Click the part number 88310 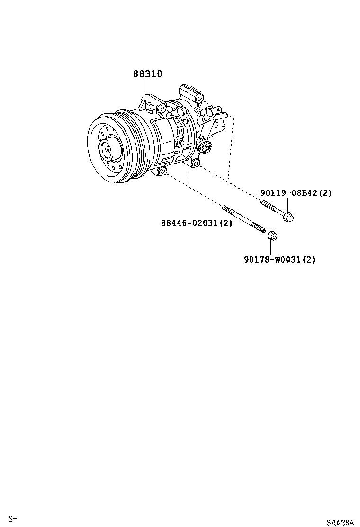(147, 74)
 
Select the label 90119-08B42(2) (296, 193)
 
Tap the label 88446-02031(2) (196, 223)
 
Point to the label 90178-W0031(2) (279, 259)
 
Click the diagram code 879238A (340, 522)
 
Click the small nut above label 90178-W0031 (271, 236)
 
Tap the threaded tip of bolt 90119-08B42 (261, 203)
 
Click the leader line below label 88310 (147, 87)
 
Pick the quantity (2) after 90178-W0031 (308, 259)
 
